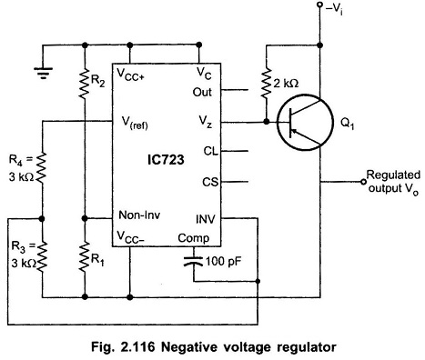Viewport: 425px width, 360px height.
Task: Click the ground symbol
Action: click(x=43, y=73)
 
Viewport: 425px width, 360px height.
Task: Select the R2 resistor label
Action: click(x=98, y=82)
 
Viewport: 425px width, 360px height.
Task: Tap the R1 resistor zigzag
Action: click(x=85, y=256)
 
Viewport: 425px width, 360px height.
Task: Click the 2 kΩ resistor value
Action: click(x=286, y=83)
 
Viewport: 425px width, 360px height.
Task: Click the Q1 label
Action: click(x=348, y=124)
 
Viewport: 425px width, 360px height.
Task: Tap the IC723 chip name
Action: click(x=166, y=159)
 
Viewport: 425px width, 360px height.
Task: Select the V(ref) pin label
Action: click(x=135, y=122)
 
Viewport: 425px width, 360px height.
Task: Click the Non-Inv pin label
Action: click(x=139, y=215)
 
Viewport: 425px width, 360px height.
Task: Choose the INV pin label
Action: click(x=206, y=219)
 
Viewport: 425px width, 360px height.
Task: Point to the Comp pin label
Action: click(x=194, y=238)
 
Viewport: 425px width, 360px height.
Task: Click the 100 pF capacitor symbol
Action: click(x=193, y=261)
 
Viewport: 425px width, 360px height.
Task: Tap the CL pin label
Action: click(x=211, y=151)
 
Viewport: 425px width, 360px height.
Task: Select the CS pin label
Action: click(x=210, y=182)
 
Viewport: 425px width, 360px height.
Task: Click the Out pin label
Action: click(x=202, y=92)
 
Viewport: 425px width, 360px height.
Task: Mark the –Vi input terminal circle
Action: click(x=319, y=5)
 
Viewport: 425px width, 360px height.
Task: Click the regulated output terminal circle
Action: click(x=363, y=182)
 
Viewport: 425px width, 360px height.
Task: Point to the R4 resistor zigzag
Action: click(x=42, y=167)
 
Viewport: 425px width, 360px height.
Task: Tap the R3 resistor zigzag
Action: click(x=42, y=255)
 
